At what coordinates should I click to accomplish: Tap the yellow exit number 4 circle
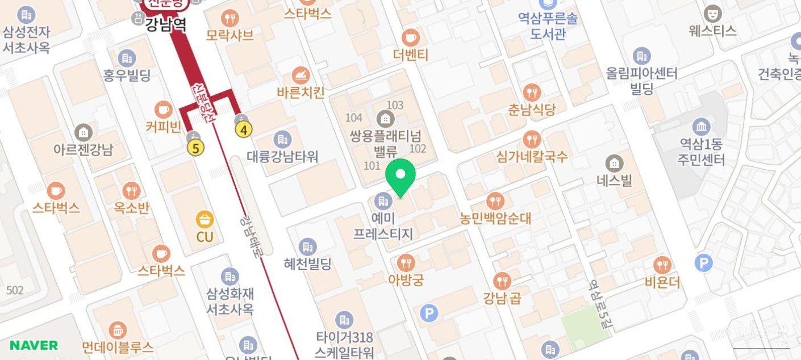(x=244, y=130)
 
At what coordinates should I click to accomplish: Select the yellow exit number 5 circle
(x=196, y=148)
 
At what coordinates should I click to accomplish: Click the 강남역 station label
(x=166, y=24)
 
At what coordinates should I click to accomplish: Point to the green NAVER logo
(x=34, y=345)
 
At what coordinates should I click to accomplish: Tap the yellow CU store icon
(x=205, y=219)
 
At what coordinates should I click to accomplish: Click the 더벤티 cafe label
(x=411, y=55)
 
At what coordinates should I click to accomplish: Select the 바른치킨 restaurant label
(x=301, y=92)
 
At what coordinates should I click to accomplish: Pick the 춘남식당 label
(x=532, y=109)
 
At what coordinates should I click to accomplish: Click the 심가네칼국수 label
(x=532, y=156)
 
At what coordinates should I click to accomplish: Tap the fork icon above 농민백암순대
(x=495, y=200)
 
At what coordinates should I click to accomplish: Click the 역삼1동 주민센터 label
(x=701, y=152)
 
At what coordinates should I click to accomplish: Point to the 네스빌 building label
(x=614, y=180)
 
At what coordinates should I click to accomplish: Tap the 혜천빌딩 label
(x=307, y=263)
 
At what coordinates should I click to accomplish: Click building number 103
(x=395, y=105)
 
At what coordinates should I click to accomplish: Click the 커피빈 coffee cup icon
(x=164, y=110)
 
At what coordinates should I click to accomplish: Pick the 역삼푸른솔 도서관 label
(x=548, y=26)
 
